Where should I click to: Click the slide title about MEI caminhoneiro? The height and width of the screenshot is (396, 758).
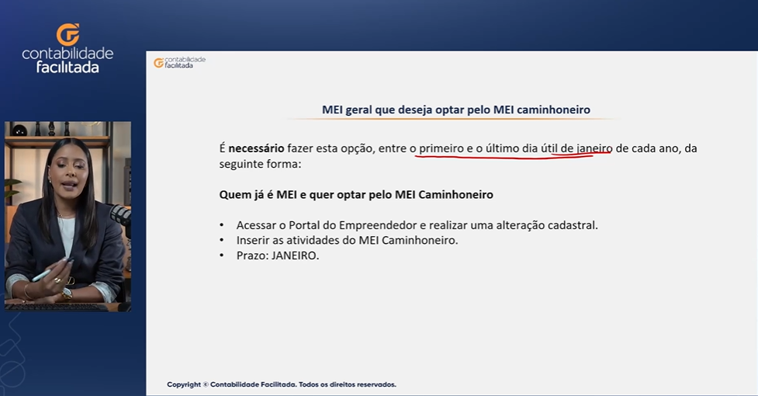click(x=456, y=109)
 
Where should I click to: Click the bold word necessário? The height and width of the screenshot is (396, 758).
click(x=256, y=148)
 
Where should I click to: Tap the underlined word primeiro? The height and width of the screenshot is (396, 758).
click(x=441, y=148)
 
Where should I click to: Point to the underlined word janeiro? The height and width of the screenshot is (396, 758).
click(x=594, y=148)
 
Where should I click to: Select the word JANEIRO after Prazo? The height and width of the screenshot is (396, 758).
click(x=295, y=255)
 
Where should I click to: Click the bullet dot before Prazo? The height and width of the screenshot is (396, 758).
click(x=222, y=255)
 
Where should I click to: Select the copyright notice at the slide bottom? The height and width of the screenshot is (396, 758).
click(x=282, y=384)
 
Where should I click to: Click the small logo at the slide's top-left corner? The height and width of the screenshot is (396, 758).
click(x=179, y=62)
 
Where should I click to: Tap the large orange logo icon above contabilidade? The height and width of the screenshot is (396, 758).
click(x=67, y=34)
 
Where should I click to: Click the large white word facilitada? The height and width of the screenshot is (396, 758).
click(x=67, y=68)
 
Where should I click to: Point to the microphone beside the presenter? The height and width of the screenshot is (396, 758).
click(x=121, y=215)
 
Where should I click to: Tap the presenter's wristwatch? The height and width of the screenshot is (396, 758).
click(x=66, y=293)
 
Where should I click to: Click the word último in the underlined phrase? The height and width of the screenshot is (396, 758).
click(x=502, y=148)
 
